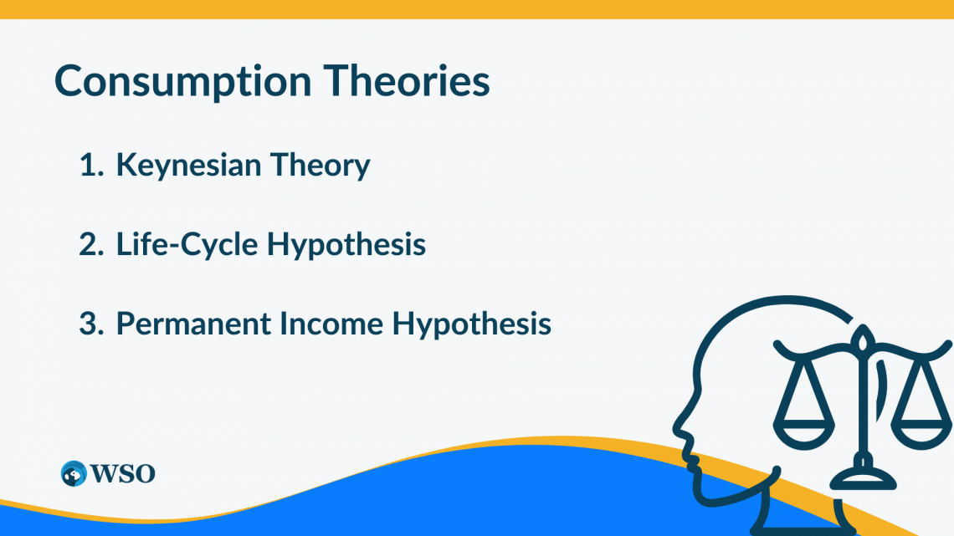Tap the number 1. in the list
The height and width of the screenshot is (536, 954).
click(x=90, y=166)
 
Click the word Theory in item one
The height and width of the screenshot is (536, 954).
click(x=320, y=166)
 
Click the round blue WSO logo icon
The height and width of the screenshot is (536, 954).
click(x=74, y=472)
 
